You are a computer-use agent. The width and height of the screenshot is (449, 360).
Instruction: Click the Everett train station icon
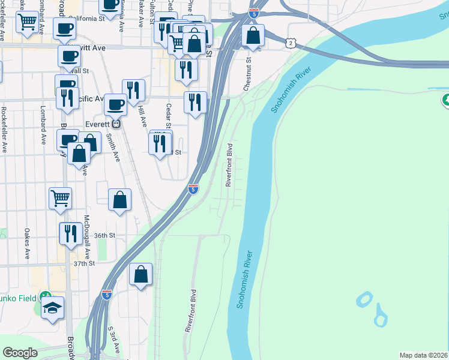(x=117, y=124)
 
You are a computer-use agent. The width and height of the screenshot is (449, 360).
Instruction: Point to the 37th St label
(x=85, y=263)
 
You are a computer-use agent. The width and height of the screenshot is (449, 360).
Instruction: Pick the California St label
(x=86, y=19)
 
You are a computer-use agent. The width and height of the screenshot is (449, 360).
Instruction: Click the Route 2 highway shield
(x=291, y=43)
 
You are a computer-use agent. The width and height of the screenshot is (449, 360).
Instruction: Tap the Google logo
(x=20, y=353)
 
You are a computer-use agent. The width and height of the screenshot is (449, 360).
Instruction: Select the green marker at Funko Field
(x=44, y=296)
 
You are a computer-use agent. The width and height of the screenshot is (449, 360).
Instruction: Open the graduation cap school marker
(x=53, y=308)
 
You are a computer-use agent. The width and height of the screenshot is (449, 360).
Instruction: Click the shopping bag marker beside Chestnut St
(x=253, y=36)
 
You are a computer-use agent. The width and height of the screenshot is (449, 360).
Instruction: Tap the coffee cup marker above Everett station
(x=115, y=104)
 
